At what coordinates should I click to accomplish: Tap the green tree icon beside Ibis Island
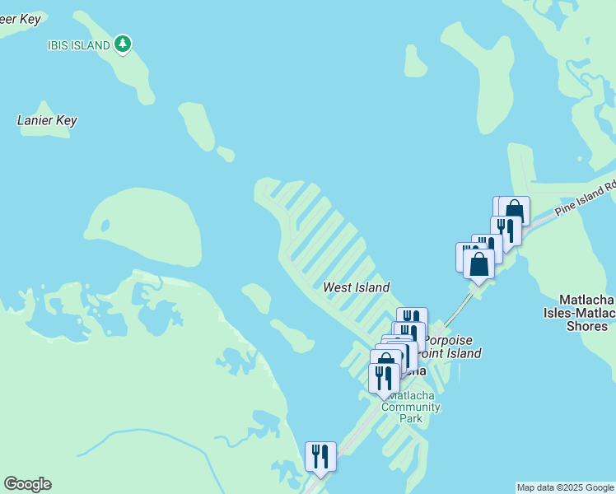(x=123, y=44)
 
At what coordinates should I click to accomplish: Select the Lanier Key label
(x=47, y=120)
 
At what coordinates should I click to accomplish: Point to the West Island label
(x=356, y=287)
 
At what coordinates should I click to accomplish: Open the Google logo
(x=27, y=484)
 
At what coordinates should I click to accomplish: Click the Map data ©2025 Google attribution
(x=565, y=487)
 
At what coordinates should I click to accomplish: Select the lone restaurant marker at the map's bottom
(x=320, y=457)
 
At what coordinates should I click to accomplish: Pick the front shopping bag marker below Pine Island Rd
(x=478, y=264)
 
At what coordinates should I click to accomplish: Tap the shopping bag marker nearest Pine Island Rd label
(x=516, y=209)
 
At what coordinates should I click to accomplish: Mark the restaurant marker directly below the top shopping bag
(x=506, y=230)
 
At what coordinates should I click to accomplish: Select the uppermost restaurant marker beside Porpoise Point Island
(x=413, y=319)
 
